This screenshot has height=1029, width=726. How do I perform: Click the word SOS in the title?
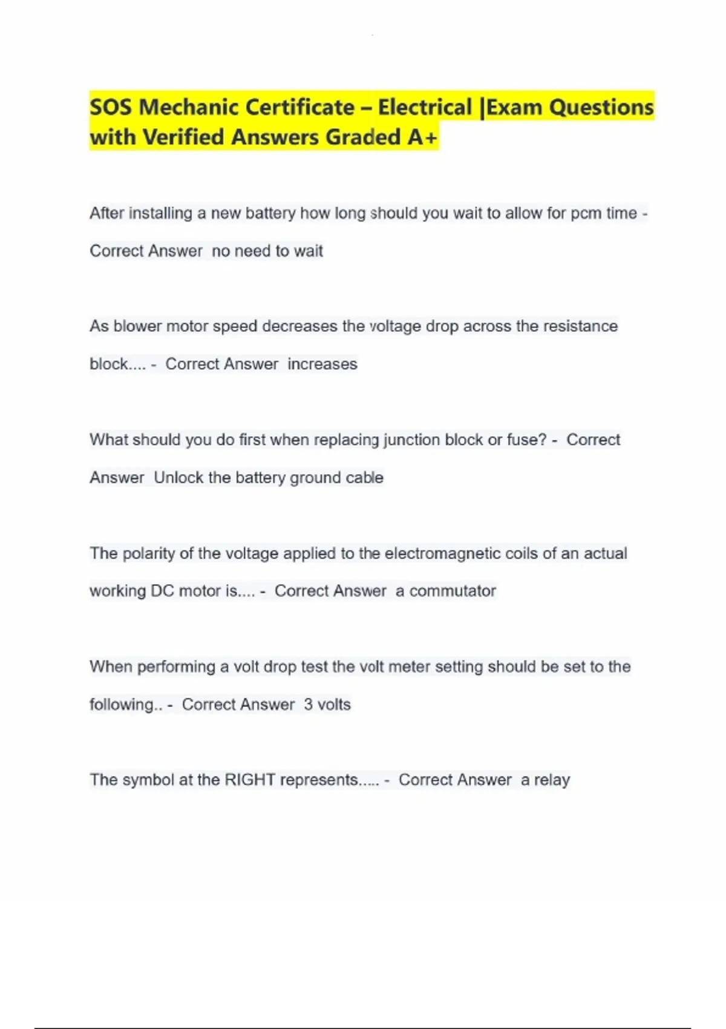tap(111, 108)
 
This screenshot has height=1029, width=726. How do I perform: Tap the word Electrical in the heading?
tap(425, 108)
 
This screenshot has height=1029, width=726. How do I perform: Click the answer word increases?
tap(322, 364)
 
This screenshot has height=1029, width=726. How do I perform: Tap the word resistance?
tap(580, 326)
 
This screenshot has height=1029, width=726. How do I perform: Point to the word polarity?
tap(149, 553)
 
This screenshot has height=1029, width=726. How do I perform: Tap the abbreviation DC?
tap(162, 591)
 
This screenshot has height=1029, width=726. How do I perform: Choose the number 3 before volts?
tap(309, 705)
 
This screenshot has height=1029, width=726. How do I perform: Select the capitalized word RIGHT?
tap(250, 780)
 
